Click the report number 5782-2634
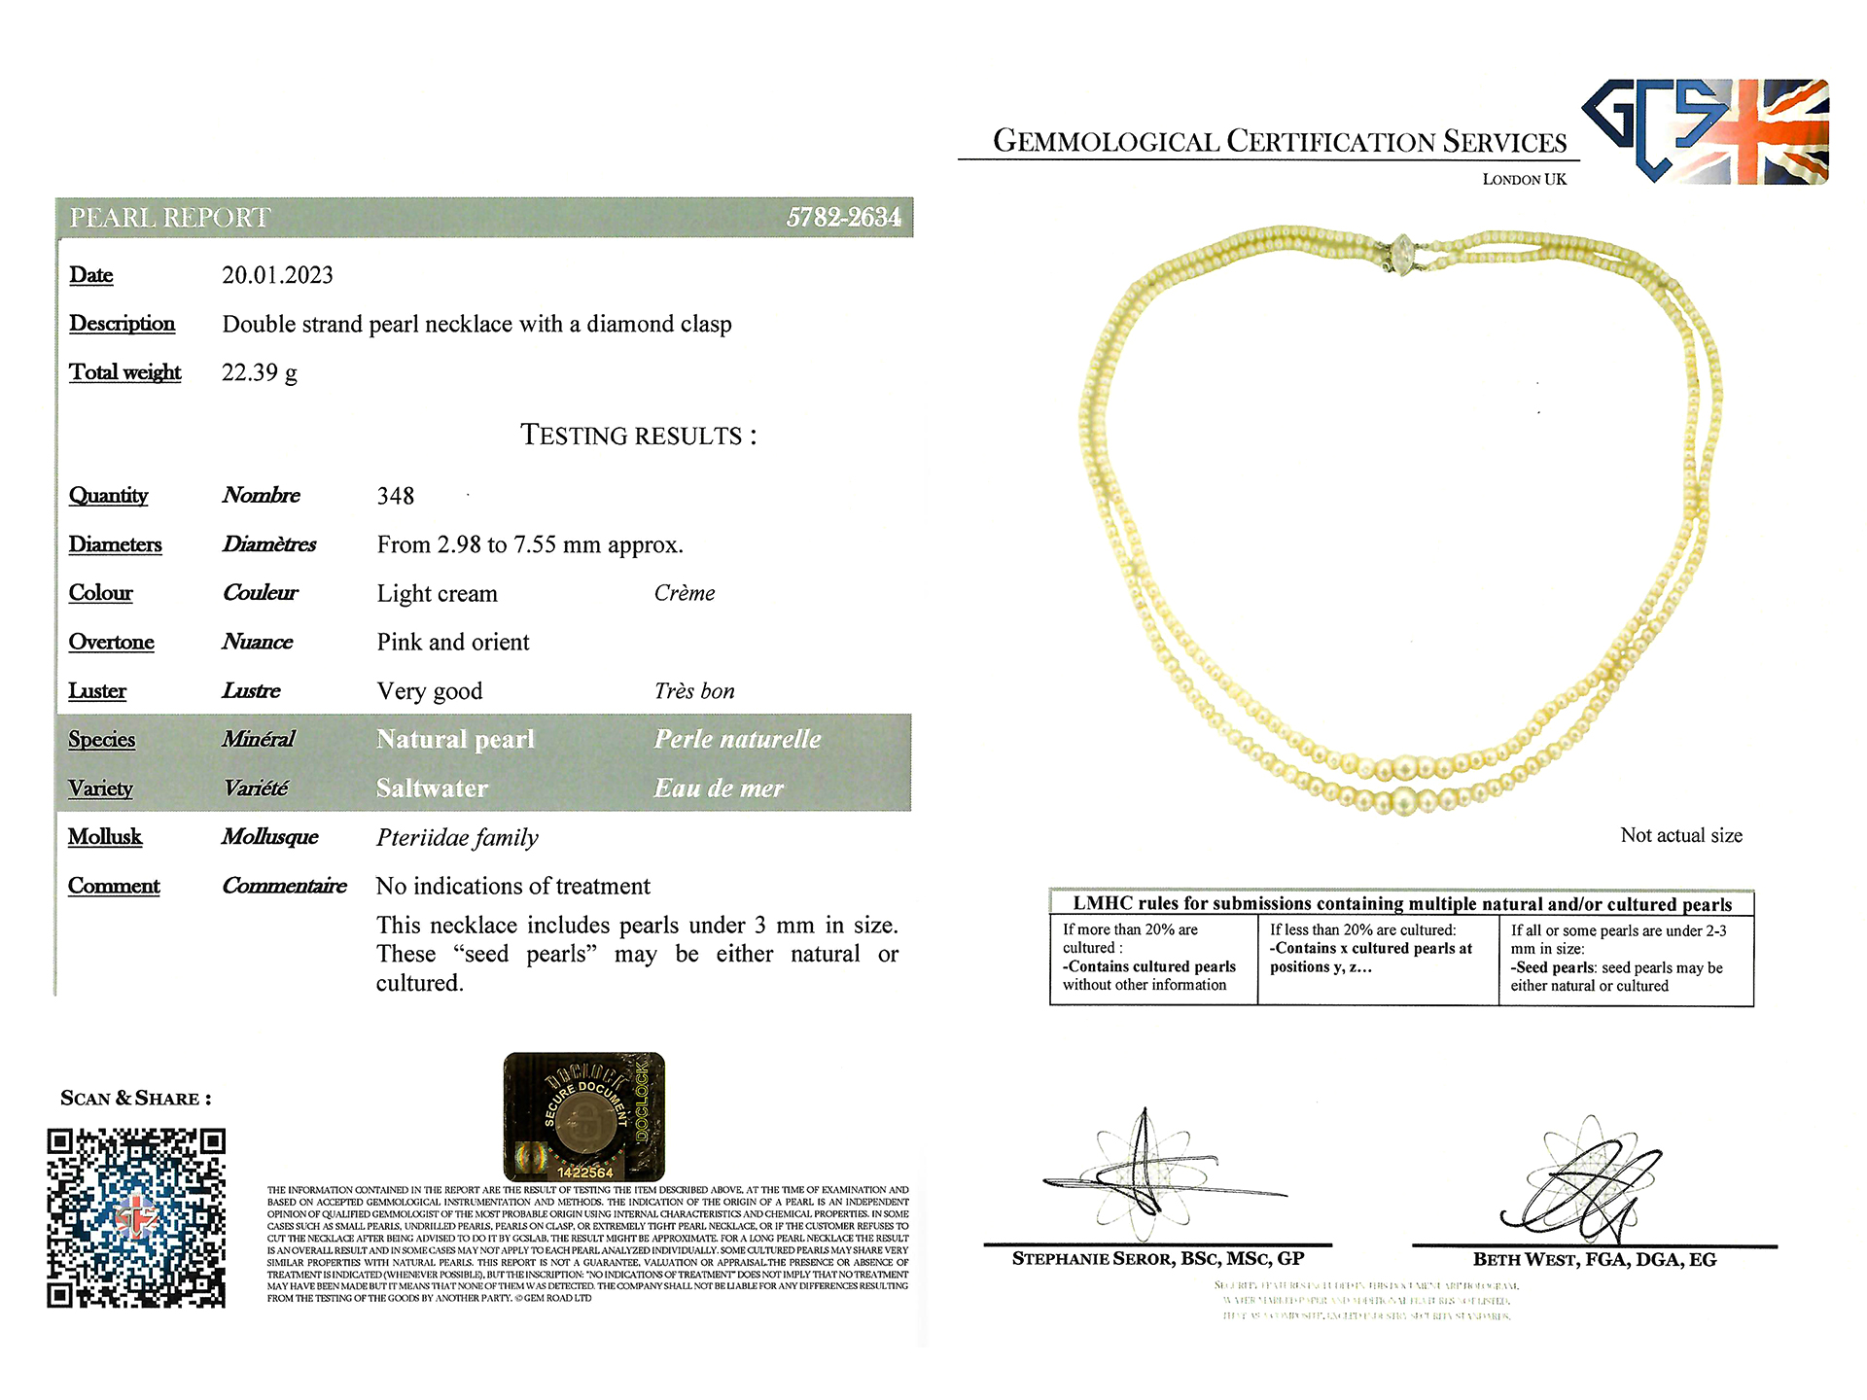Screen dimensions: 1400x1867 (x=842, y=217)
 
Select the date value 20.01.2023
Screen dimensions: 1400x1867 (x=277, y=275)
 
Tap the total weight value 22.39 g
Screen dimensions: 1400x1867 (x=259, y=372)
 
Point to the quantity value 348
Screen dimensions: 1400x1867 (x=395, y=496)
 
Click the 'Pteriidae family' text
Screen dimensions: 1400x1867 (x=457, y=837)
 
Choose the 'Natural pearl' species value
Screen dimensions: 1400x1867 (x=455, y=739)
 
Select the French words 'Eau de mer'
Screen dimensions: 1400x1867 (x=719, y=787)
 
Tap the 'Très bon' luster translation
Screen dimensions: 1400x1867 (x=694, y=691)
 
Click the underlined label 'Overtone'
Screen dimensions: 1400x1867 (x=111, y=642)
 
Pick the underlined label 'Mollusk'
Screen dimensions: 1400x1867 (x=105, y=837)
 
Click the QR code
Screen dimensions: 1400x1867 (x=136, y=1217)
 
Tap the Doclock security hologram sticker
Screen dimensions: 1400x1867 (x=583, y=1116)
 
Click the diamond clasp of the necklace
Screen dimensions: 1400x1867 (x=1400, y=255)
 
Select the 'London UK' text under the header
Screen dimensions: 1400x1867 (x=1524, y=179)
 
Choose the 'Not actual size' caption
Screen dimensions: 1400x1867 (x=1680, y=835)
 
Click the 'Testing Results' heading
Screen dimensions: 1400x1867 (x=638, y=435)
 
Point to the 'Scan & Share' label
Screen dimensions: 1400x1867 (x=135, y=1099)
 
